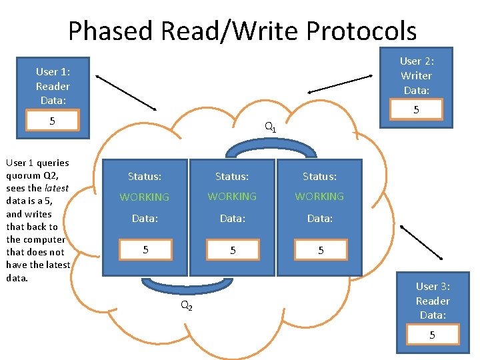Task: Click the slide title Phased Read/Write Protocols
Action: tap(242, 31)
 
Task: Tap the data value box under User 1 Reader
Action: tap(52, 121)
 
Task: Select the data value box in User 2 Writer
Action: tap(417, 109)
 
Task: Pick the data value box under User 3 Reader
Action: tap(432, 335)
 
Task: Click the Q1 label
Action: tap(270, 127)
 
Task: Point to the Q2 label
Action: tap(187, 306)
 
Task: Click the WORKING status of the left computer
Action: tap(145, 197)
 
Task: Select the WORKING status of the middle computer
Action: tap(232, 197)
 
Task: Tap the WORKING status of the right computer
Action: tap(319, 197)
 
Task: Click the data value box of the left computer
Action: tap(145, 249)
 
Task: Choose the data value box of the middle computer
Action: tap(233, 251)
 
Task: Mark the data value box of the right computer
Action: tap(320, 251)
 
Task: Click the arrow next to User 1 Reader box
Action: tap(126, 92)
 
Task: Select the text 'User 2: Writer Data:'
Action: tap(416, 75)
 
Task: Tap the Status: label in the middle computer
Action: tap(232, 177)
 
